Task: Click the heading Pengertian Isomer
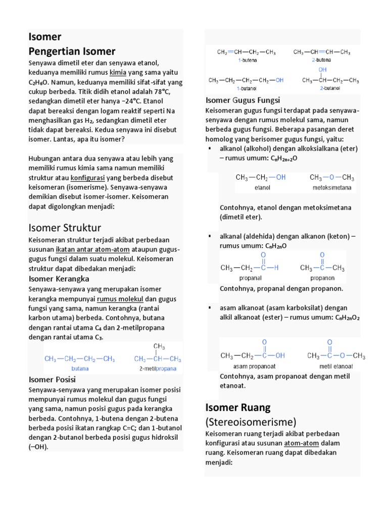(x=72, y=51)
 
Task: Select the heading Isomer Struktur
(x=65, y=227)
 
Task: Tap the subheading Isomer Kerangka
(x=59, y=279)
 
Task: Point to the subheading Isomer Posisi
(x=52, y=379)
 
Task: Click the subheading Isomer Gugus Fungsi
(x=243, y=100)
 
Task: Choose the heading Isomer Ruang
(x=238, y=407)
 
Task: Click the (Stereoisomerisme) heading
(x=251, y=422)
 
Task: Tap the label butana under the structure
(x=80, y=369)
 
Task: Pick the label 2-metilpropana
(x=158, y=369)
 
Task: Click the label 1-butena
(x=248, y=60)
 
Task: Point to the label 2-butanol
(x=330, y=88)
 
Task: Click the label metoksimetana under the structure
(x=332, y=187)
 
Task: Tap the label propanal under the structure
(x=250, y=277)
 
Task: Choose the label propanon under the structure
(x=322, y=277)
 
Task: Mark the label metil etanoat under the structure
(x=336, y=366)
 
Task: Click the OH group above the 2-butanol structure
(x=322, y=69)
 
